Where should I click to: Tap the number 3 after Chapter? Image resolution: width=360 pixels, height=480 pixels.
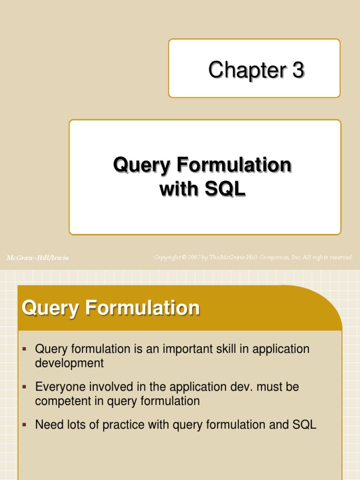coord(298,70)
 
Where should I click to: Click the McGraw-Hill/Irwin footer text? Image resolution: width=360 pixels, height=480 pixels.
coord(37,258)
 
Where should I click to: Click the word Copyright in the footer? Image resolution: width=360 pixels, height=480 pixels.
coord(167,257)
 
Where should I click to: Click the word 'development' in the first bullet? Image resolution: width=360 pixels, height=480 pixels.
coord(69,363)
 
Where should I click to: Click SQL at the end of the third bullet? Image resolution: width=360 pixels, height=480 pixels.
coord(305,425)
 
